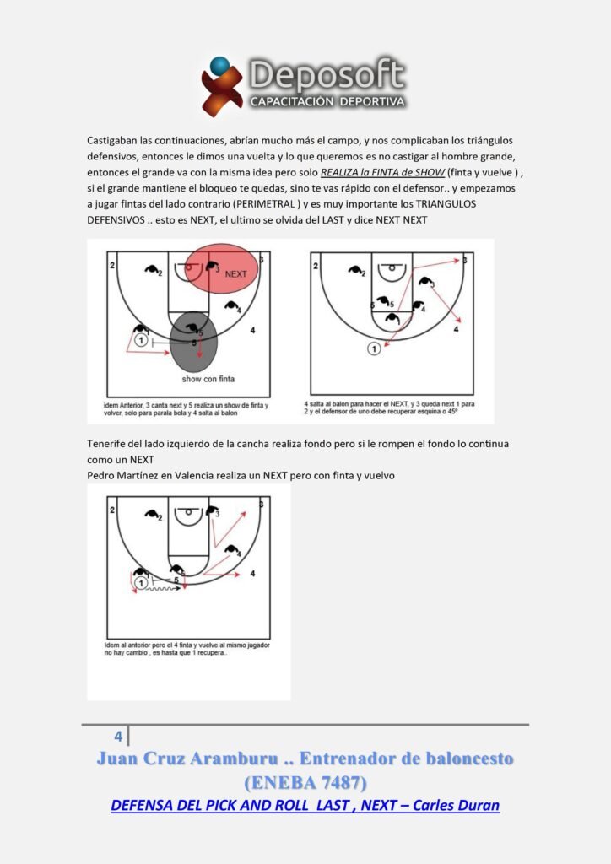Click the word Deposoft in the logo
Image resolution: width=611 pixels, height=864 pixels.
point(327,76)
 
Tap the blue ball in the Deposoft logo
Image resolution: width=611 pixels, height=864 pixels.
point(219,64)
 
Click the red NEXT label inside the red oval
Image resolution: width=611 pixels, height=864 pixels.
point(235,274)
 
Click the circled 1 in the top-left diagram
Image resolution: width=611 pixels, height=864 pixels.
point(141,341)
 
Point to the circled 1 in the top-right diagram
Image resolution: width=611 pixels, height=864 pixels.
point(374,348)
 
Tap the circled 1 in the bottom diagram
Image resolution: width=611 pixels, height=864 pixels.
point(141,582)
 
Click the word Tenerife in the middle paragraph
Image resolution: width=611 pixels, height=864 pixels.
point(108,443)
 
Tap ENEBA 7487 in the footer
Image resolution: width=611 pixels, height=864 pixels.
point(305,781)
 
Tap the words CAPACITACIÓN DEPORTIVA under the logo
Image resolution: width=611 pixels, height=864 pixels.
point(327,102)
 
